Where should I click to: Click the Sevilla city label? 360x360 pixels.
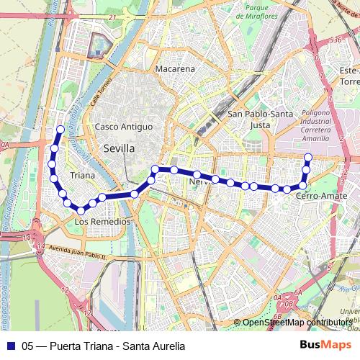[x=119, y=148]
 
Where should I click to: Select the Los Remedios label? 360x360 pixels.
[x=103, y=222]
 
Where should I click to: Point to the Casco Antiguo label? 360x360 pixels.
[x=124, y=127]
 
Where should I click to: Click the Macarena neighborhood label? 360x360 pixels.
[x=175, y=69]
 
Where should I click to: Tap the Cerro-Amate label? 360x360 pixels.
[x=317, y=196]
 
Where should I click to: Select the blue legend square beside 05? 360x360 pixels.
[x=10, y=346]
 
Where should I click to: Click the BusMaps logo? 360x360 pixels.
[x=321, y=345]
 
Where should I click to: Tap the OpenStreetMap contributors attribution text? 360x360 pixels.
[x=297, y=323]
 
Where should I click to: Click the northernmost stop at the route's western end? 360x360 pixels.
[x=60, y=130]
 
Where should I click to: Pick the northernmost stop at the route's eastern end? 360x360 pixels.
[x=308, y=157]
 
